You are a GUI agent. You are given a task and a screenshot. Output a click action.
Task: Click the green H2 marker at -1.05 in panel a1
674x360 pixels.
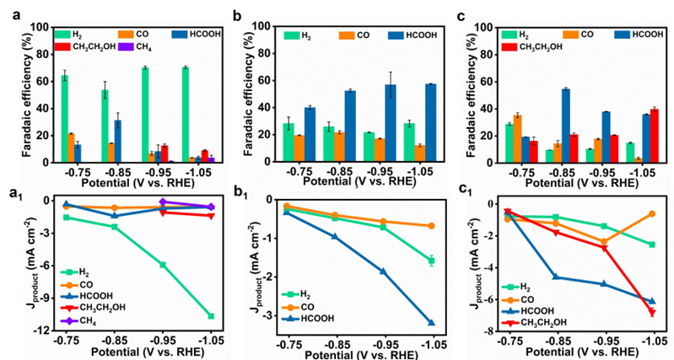(x=209, y=316)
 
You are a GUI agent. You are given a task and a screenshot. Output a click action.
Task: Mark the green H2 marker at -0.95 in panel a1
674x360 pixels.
(x=162, y=265)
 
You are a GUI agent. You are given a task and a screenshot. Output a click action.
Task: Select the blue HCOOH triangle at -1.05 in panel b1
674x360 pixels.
(x=431, y=323)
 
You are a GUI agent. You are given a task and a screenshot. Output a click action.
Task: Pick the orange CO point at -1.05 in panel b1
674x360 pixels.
(x=431, y=226)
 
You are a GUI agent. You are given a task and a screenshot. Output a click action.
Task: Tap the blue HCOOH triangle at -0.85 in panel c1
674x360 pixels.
(x=556, y=277)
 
